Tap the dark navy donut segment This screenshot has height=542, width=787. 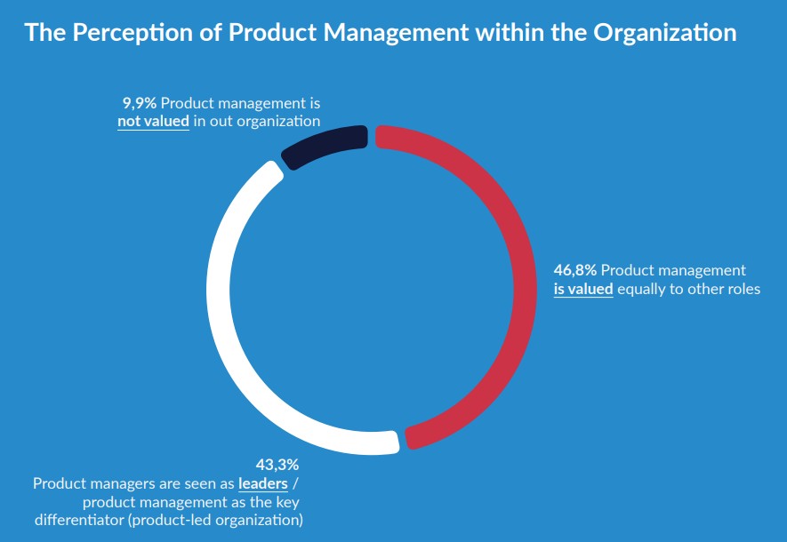pos(325,145)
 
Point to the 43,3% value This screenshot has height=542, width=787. pos(277,464)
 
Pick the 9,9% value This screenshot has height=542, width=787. pos(139,103)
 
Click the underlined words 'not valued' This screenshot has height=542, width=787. pos(153,122)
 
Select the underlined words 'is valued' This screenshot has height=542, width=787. pos(583,289)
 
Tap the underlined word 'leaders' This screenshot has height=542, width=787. pos(262,483)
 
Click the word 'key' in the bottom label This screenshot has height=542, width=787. pos(292,501)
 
